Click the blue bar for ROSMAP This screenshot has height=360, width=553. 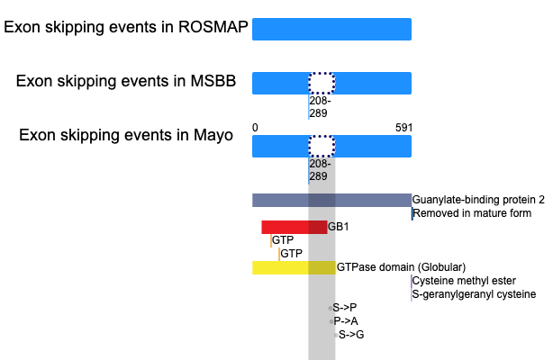(x=331, y=30)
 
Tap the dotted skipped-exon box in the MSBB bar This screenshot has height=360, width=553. (x=322, y=83)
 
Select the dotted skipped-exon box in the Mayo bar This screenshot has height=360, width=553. (x=322, y=147)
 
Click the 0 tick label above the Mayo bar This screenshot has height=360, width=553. (x=255, y=128)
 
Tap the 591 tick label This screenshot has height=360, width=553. (x=403, y=128)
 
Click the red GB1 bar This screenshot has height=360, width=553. (x=295, y=227)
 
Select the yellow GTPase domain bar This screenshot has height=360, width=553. (x=295, y=267)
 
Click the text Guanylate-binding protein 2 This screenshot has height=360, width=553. (x=478, y=200)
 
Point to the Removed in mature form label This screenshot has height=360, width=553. (x=472, y=213)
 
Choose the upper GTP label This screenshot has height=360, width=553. (x=283, y=240)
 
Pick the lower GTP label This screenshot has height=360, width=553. (x=291, y=254)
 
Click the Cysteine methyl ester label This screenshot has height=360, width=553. (x=464, y=281)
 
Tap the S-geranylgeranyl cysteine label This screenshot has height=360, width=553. (x=474, y=294)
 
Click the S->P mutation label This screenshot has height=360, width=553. (x=345, y=308)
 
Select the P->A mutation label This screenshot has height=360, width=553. (x=346, y=321)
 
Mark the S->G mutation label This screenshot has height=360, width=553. (x=351, y=335)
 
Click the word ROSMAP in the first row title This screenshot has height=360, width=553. (x=213, y=27)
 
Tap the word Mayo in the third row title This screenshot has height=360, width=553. (x=213, y=136)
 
